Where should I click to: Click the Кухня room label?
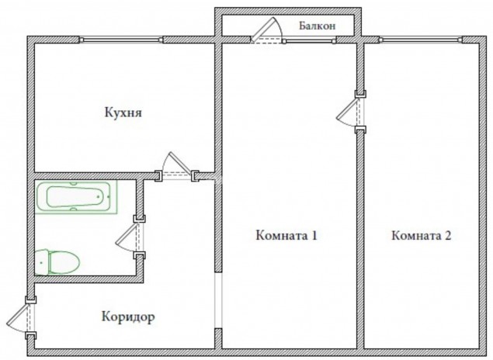[123, 112]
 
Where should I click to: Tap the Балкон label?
[318, 26]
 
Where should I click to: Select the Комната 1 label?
[286, 235]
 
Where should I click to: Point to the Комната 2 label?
[421, 235]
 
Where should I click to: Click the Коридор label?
[128, 317]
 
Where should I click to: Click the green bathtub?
[76, 196]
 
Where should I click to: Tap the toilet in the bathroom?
[57, 262]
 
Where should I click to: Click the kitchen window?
[121, 40]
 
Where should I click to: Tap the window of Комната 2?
[421, 40]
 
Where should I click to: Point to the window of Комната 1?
[309, 40]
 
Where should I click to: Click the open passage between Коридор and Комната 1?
[218, 300]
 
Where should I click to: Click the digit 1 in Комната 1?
[314, 235]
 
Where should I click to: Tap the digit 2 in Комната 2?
[448, 235]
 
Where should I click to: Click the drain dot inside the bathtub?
[99, 197]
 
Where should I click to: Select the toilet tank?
[41, 262]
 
